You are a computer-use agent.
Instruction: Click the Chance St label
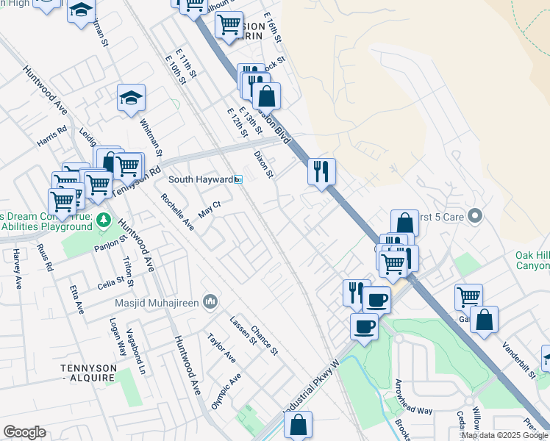tap(264, 340)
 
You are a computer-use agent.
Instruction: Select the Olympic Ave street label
tap(226, 392)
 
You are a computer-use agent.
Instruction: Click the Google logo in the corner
tap(24, 432)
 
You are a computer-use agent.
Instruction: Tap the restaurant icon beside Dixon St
tap(321, 173)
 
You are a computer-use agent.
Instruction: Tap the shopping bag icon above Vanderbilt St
tap(484, 320)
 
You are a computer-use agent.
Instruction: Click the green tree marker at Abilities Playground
tap(104, 219)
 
